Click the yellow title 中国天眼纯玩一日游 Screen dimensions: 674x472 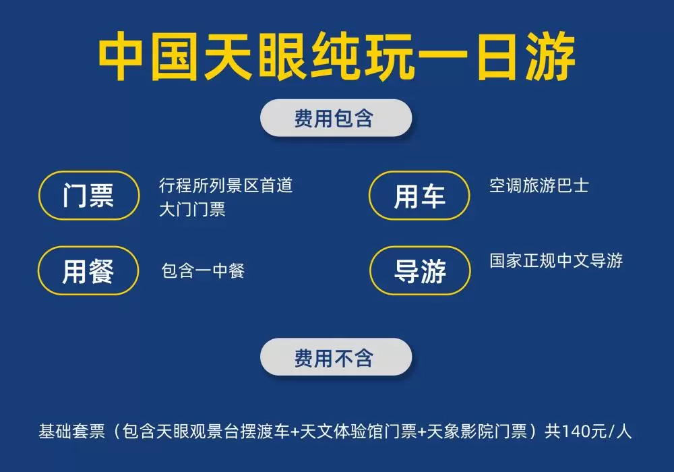pos(337,57)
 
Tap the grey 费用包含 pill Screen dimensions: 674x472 pos(336,118)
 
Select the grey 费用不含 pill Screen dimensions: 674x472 pos(336,357)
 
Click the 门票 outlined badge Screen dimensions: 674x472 pos(89,196)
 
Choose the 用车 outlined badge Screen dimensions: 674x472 pos(419,196)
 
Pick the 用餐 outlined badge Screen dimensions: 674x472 pos(88,271)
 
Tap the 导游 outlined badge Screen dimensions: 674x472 pos(420,271)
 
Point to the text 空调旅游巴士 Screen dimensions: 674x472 pos(539,185)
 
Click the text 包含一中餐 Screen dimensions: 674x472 pos(203,271)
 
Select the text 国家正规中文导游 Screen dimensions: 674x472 pos(556,260)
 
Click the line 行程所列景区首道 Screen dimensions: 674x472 pos(226,185)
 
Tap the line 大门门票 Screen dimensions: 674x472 pos(192,210)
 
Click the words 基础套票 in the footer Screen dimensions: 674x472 pos(72,431)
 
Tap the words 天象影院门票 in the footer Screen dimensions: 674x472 pos(477,431)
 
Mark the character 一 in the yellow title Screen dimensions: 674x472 pos(443,57)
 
